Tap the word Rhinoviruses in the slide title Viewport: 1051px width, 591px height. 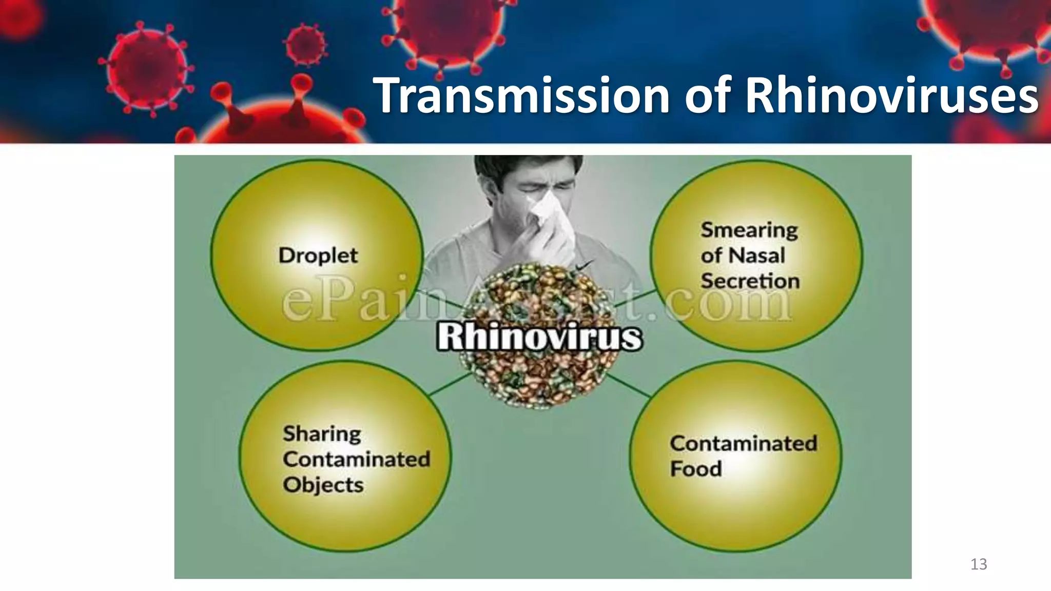point(892,95)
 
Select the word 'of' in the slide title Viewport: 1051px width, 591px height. point(707,95)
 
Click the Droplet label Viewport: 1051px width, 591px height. point(318,255)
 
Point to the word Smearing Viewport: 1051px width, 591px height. point(749,230)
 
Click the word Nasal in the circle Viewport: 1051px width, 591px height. point(757,255)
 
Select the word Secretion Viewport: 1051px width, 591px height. point(750,281)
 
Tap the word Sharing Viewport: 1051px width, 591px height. point(322,434)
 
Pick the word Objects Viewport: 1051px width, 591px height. point(323,485)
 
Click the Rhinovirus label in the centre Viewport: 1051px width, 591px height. point(539,337)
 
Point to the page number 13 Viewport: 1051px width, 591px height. point(979,564)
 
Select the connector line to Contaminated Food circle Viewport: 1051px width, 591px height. point(629,385)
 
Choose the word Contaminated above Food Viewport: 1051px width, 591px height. point(743,443)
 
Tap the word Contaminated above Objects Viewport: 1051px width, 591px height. point(356,459)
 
